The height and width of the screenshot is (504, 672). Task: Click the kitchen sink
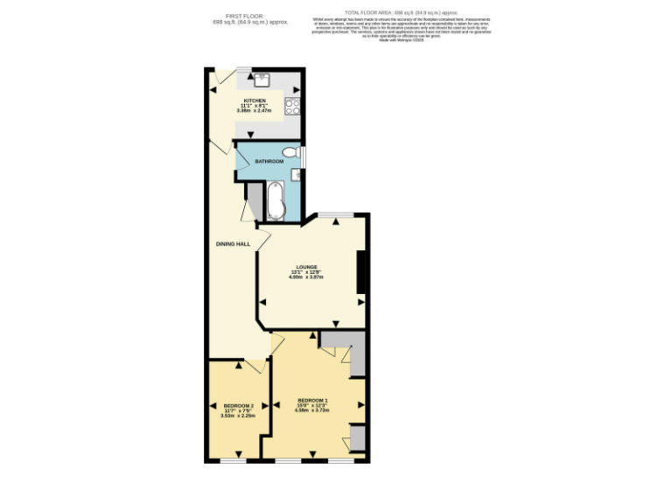coord(262,80)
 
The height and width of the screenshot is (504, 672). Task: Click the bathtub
coord(275,201)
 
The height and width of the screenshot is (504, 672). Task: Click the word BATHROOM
coord(269,162)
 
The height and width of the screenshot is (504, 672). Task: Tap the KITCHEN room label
coord(257,101)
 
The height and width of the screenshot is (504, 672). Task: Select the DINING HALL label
coord(234,243)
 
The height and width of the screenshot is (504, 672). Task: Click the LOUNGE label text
coord(306,267)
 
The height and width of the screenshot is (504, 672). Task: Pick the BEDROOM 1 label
coord(312,400)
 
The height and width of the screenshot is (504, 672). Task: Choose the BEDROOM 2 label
coord(238,406)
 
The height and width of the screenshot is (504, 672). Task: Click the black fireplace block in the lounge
coord(360,272)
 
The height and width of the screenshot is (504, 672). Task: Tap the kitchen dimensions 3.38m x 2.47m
coord(257,111)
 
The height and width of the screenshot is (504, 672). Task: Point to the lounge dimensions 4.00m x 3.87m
coord(306,277)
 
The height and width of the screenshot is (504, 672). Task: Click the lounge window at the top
coord(336,213)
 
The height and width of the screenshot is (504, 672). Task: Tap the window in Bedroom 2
coord(233,459)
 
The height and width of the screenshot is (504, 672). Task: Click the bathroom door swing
coord(242,154)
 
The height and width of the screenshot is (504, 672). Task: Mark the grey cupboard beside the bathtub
coord(255,201)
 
